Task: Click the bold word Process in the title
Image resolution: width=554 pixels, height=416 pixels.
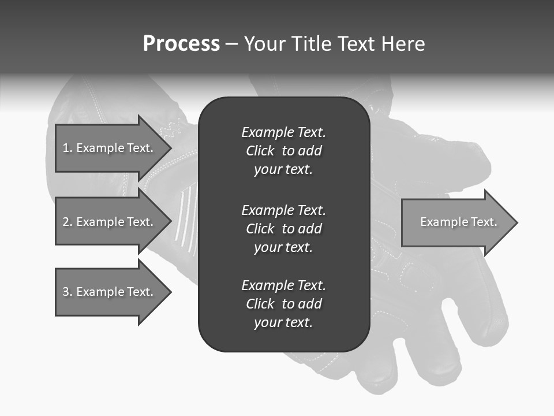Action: pyautogui.click(x=181, y=44)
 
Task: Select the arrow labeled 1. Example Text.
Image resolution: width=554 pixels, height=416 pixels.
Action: pyautogui.click(x=110, y=148)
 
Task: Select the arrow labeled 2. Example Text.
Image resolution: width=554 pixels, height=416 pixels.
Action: pyautogui.click(x=110, y=222)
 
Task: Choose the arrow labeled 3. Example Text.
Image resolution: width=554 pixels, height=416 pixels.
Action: pyautogui.click(x=110, y=292)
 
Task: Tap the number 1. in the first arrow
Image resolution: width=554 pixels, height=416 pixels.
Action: pyautogui.click(x=68, y=148)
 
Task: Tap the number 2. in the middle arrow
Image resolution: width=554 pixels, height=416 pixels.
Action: pyautogui.click(x=68, y=222)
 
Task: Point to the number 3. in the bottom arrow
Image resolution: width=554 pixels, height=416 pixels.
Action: pyautogui.click(x=68, y=292)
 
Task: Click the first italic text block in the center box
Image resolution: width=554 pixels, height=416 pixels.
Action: pyautogui.click(x=283, y=151)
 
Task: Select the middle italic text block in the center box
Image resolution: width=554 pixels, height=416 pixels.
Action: pyautogui.click(x=283, y=229)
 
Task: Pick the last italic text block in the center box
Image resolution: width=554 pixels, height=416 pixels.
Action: pyautogui.click(x=283, y=304)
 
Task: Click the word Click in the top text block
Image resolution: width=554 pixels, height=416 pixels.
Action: pyautogui.click(x=260, y=151)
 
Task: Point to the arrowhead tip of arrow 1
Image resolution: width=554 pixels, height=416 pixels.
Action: pyautogui.click(x=170, y=148)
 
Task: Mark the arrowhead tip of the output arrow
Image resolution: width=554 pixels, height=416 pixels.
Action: pyautogui.click(x=516, y=222)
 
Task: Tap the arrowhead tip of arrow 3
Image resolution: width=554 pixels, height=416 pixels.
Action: pyautogui.click(x=170, y=292)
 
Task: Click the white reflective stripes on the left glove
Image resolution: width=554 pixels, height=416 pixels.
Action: pyautogui.click(x=186, y=220)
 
